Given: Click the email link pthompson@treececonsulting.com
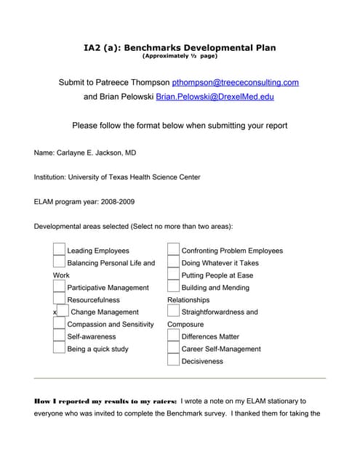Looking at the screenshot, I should pos(236,83).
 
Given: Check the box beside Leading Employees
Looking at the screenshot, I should pos(59,250).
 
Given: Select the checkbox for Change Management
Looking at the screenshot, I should pos(63,312).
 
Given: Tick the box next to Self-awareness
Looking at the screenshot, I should pos(59,336).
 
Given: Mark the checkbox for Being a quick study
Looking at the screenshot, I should pos(59,349).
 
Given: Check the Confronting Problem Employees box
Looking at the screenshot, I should pos(173,250).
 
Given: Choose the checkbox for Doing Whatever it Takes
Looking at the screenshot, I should pos(173,262).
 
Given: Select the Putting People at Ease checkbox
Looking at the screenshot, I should pos(173,275).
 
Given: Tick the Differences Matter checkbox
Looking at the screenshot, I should pos(173,336).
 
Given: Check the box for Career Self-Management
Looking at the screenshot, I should pos(173,349).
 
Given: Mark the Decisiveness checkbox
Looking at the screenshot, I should pos(173,360).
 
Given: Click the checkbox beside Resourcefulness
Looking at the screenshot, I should pos(59,299).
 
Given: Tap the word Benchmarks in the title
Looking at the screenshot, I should pos(151,48).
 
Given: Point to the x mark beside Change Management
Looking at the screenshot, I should pos(55,312).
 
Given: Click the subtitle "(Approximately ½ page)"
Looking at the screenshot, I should pos(180,56).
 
